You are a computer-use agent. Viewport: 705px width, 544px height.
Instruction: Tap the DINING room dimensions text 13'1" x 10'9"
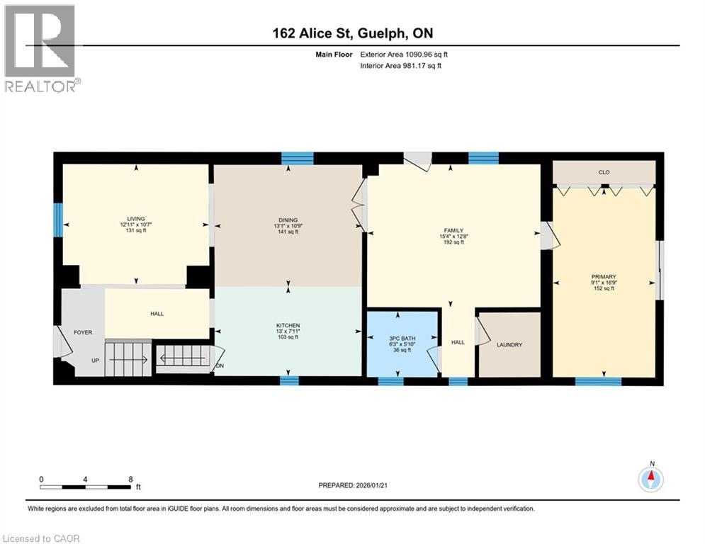coord(288,225)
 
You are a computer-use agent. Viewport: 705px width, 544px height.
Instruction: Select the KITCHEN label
coord(288,325)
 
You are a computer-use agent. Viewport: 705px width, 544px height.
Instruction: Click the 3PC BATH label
coord(398,338)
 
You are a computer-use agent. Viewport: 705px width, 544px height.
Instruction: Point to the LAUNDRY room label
coord(509,345)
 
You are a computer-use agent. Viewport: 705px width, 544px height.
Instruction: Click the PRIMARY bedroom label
coord(604,277)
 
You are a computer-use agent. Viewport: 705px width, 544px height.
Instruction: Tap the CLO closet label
coord(604,171)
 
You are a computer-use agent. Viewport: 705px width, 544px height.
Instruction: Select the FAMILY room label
coord(453,230)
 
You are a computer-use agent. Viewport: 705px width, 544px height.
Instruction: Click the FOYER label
coord(84,332)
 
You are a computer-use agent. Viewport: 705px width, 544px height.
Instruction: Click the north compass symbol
coord(651,480)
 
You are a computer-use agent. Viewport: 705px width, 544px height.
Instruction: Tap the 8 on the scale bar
coord(130,479)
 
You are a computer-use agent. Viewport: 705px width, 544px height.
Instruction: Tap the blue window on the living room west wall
coord(58,220)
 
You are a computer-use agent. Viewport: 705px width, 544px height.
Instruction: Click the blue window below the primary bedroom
coord(597,381)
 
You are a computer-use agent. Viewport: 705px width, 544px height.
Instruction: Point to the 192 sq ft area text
coord(453,242)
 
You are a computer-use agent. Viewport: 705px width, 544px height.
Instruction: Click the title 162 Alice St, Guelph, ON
coord(352,33)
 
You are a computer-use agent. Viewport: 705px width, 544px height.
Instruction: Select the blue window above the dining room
coord(297,159)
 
